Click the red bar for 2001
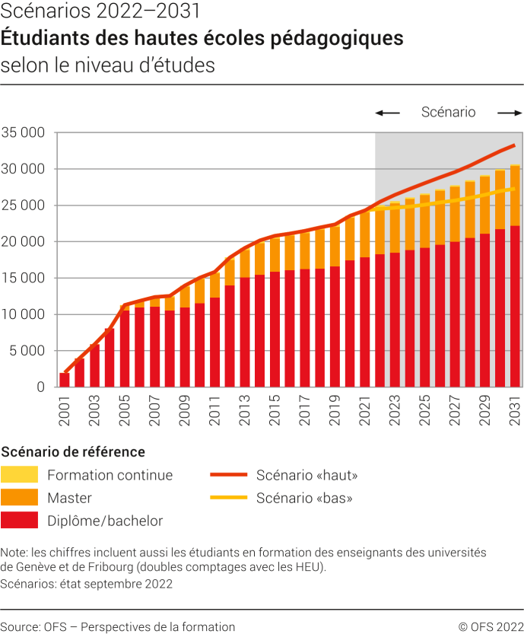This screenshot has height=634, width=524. point(65,380)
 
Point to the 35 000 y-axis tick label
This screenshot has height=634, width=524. point(24,132)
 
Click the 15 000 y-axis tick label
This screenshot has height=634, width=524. point(24,278)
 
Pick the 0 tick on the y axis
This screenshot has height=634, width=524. point(41,387)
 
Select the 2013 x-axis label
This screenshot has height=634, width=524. point(245,409)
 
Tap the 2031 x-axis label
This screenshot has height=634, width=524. point(515,409)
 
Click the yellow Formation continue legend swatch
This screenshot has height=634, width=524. point(20,475)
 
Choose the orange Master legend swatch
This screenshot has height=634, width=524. point(20,498)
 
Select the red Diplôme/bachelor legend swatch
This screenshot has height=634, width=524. point(20,521)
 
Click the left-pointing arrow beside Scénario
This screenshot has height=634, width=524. point(387,113)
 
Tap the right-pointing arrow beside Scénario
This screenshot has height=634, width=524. point(510,113)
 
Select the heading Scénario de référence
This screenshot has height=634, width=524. point(73,451)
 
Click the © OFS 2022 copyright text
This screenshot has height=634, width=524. point(491,626)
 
